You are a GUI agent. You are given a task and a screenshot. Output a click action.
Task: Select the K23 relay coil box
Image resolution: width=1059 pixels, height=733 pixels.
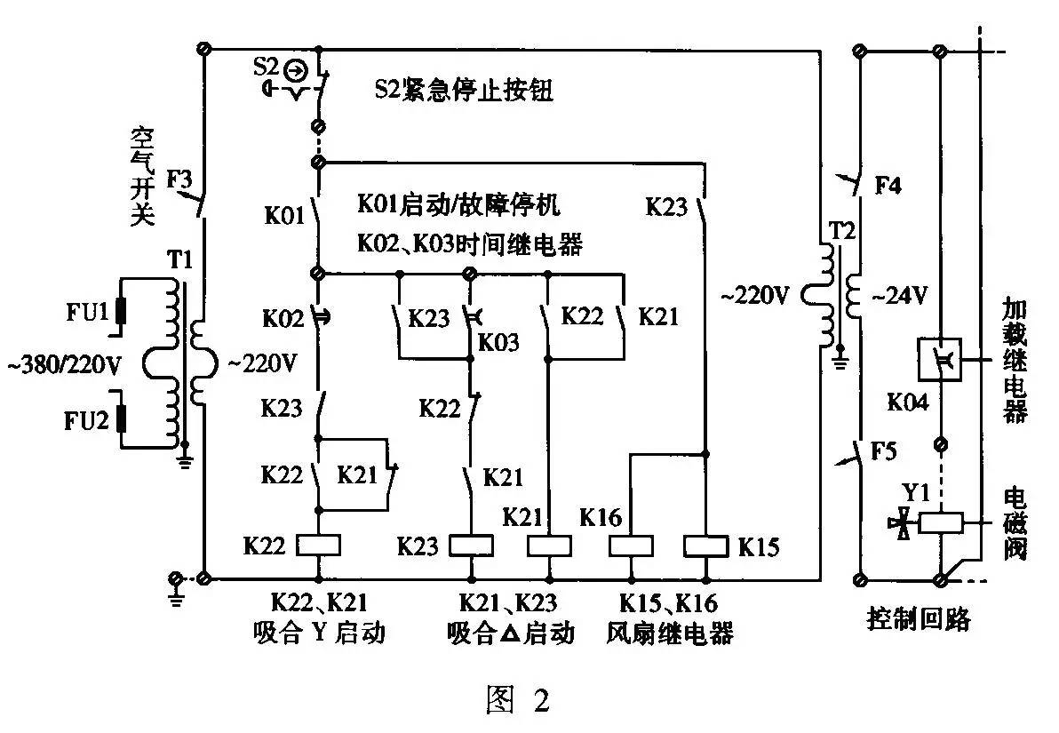(467, 545)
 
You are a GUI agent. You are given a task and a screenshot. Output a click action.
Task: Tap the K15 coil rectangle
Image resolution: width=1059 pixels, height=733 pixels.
(705, 545)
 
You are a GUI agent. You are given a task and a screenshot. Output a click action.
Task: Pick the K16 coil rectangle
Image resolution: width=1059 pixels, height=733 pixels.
(631, 545)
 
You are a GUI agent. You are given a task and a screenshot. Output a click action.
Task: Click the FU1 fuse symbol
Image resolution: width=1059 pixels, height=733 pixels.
(118, 314)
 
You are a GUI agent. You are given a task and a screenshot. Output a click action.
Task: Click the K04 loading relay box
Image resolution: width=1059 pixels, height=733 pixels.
(941, 361)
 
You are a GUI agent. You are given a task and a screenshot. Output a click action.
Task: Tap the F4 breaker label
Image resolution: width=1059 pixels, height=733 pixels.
(889, 187)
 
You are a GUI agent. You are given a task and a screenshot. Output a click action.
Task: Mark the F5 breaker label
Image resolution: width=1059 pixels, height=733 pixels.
(889, 450)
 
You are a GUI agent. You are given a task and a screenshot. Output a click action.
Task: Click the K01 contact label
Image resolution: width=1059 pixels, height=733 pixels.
(283, 216)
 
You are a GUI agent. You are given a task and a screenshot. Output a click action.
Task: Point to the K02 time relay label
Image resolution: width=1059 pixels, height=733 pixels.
(283, 317)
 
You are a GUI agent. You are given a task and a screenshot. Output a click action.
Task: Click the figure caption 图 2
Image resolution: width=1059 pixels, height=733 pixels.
(518, 700)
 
